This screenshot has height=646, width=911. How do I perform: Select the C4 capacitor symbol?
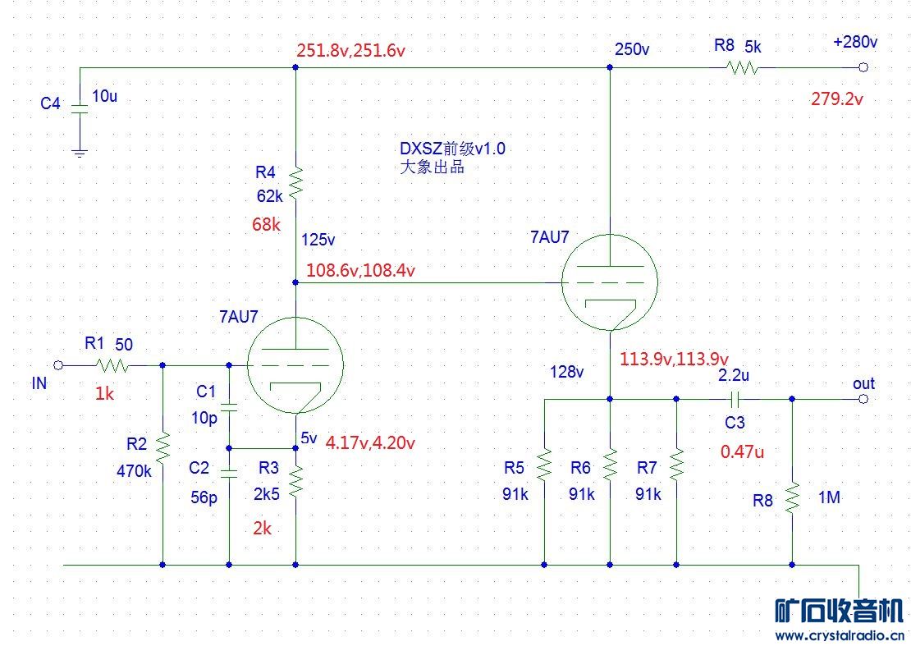[79, 108]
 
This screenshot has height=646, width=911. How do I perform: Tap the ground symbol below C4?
[79, 152]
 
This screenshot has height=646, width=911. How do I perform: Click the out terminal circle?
[863, 399]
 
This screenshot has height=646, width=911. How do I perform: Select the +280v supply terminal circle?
[863, 68]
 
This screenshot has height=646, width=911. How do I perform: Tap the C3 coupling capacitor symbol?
[735, 399]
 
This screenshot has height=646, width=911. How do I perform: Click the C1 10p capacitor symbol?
[229, 405]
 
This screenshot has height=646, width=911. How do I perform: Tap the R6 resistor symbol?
[610, 465]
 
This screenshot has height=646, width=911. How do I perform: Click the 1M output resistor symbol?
[793, 496]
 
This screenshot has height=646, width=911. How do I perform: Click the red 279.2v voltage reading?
[837, 99]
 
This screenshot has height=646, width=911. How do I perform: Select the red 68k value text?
[266, 224]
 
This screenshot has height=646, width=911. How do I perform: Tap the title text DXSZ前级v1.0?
[451, 149]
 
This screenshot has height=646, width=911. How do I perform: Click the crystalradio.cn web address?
[839, 635]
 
